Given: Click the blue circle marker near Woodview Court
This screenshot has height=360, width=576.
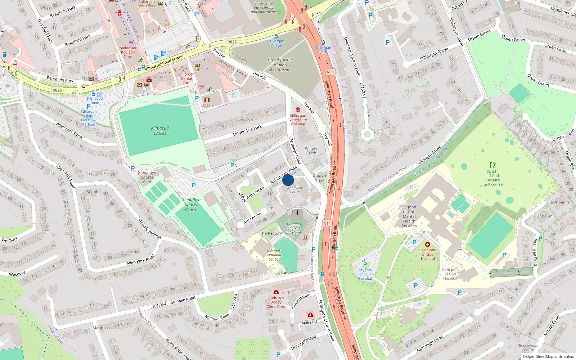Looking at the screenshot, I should pyautogui.click(x=288, y=180).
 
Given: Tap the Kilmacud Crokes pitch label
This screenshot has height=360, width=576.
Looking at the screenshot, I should pyautogui.click(x=160, y=131).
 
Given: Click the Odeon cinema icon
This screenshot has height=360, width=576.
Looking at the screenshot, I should pyautogui.click(x=207, y=100).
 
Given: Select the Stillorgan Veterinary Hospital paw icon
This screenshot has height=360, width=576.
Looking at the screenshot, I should pyautogui.click(x=298, y=109).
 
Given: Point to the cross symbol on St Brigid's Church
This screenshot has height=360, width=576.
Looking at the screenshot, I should pyautogui.click(x=298, y=213).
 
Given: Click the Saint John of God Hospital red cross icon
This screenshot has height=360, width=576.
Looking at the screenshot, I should pyautogui.click(x=428, y=244).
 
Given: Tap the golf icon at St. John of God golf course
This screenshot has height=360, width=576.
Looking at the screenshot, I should pyautogui.click(x=493, y=165).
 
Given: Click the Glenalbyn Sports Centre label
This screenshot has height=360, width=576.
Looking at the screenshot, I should pyautogui.click(x=191, y=205).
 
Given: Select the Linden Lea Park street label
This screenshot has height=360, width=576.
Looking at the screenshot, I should pyautogui.click(x=247, y=131).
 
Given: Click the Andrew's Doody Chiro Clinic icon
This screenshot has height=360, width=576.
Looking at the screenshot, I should pyautogui.click(x=276, y=292).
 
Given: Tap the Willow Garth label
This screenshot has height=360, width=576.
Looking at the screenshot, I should pyautogui.click(x=311, y=150).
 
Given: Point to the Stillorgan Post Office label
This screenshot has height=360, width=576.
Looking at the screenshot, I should pyautogui.click(x=147, y=4).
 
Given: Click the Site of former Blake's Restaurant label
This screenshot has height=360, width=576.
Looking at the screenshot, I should pyautogui.click(x=280, y=65).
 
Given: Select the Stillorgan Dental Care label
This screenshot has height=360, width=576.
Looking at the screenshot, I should pyautogui.click(x=186, y=78).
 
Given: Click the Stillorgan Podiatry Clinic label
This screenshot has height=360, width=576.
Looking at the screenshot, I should pyautogui.click(x=128, y=52).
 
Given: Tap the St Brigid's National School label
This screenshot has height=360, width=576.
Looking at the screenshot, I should pyautogui.click(x=274, y=255).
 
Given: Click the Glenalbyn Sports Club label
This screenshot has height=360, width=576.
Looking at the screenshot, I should pyautogui.click(x=147, y=177).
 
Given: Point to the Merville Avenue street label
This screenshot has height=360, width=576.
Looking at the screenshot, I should pyautogui.click(x=149, y=228).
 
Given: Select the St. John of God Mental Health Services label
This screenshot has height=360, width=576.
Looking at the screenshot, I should pyautogui.click(x=409, y=216).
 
